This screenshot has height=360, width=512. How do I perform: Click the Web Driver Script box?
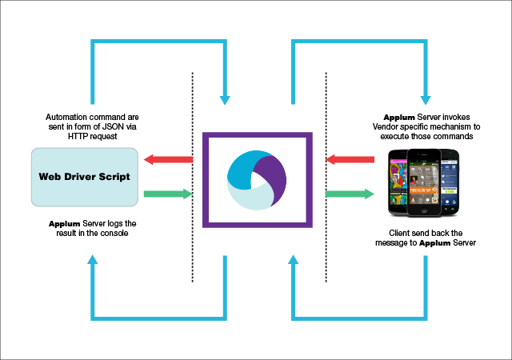coord(85,175)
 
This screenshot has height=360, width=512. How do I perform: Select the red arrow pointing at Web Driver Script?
coord(169,160)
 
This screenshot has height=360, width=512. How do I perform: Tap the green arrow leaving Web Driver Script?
coord(169,193)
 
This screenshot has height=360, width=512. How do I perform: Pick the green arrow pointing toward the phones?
coord(350,193)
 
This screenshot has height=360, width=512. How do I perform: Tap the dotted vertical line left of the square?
coord(193,176)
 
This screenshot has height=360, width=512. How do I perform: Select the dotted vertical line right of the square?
coord(326,176)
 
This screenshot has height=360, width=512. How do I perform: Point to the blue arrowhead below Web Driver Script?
coord(94,259)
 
